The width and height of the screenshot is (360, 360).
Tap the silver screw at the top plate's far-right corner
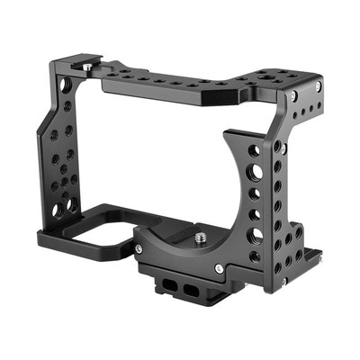(317, 85)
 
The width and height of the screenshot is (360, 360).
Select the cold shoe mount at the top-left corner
(76, 67)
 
